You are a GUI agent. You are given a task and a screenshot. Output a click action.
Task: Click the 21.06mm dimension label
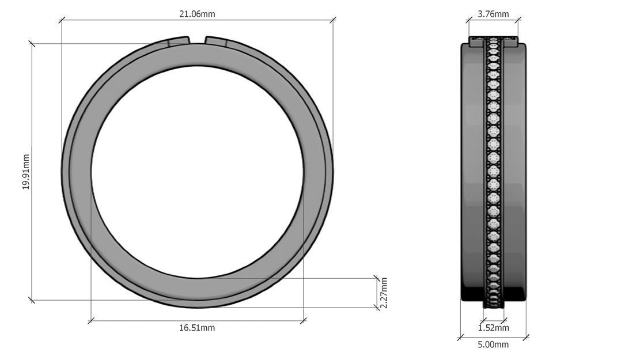point(197,14)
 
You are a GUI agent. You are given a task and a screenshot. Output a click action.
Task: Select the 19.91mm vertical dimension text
point(26,172)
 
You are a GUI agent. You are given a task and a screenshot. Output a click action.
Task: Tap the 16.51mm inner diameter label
point(197,328)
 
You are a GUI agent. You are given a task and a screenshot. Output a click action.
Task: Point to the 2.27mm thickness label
point(384,293)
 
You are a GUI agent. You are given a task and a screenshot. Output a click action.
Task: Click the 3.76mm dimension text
point(494,14)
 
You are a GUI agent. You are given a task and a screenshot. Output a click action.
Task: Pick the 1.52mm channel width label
point(494,328)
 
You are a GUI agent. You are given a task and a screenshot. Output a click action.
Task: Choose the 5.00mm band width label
point(494,344)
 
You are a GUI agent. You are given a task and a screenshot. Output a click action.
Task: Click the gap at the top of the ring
point(197,40)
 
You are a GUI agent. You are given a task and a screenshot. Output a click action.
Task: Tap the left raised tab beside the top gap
point(179,41)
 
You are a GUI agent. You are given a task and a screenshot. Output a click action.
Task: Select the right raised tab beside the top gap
point(216,41)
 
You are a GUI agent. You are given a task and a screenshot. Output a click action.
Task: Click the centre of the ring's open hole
point(197,172)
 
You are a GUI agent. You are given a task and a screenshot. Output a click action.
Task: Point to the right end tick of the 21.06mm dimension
point(332,20)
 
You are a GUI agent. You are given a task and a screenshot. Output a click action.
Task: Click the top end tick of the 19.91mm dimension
point(32,44)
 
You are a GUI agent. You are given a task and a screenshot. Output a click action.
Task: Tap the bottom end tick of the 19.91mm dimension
point(32,300)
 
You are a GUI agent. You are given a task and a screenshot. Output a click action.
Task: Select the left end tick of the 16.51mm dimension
point(91,320)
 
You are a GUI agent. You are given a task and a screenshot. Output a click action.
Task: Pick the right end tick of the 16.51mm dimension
point(304,320)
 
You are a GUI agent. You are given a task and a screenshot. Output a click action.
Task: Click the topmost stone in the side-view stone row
point(493,40)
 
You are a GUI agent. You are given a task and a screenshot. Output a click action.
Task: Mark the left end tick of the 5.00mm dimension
point(461,337)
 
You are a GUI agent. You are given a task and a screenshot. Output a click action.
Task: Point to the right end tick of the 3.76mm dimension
point(517,20)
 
